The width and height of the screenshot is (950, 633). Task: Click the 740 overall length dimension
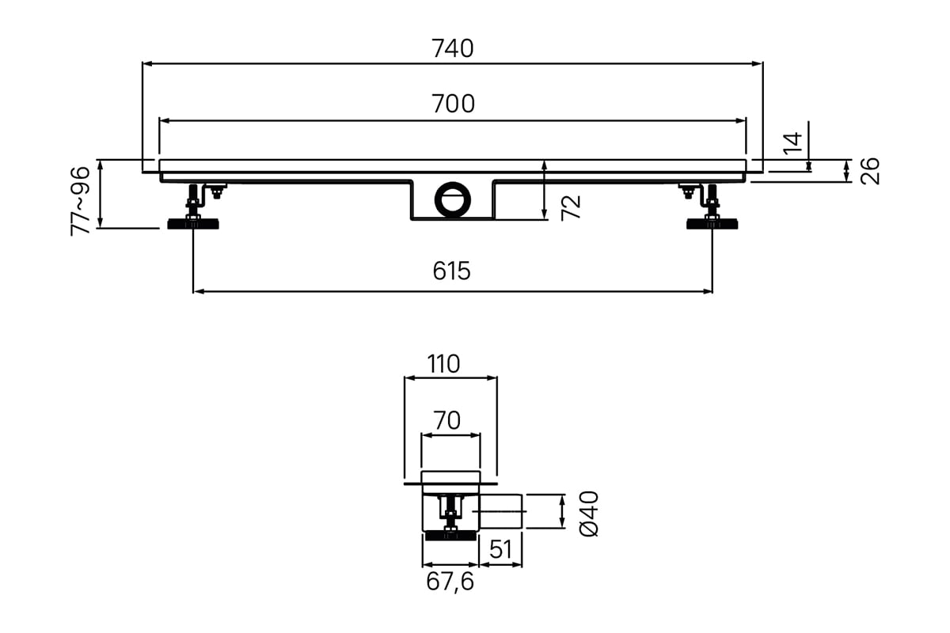[x=453, y=48]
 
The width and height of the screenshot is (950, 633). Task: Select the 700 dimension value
[x=453, y=104]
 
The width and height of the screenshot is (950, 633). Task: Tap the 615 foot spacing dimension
[x=452, y=271]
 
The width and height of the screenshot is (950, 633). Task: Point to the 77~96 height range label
[x=81, y=201]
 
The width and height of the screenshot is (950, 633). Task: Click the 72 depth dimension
[x=571, y=208]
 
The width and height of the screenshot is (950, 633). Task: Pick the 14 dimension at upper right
[x=792, y=143]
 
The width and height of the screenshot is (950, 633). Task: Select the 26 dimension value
[x=870, y=171]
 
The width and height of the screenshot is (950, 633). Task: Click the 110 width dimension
[x=443, y=364]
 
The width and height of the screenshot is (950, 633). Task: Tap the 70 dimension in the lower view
[x=447, y=420]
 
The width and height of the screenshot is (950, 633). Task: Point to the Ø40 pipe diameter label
[x=589, y=514]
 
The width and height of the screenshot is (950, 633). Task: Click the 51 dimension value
[x=500, y=549]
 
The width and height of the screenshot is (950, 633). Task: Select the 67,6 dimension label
[x=450, y=582]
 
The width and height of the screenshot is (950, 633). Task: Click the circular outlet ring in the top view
[x=453, y=200]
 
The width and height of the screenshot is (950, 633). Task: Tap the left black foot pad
[x=193, y=224]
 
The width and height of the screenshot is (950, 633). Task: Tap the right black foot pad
[x=712, y=224]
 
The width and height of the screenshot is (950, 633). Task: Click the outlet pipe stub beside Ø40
[x=500, y=511]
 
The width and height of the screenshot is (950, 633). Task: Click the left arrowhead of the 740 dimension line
[x=147, y=63]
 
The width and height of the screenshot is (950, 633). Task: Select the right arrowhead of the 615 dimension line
[x=708, y=291]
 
